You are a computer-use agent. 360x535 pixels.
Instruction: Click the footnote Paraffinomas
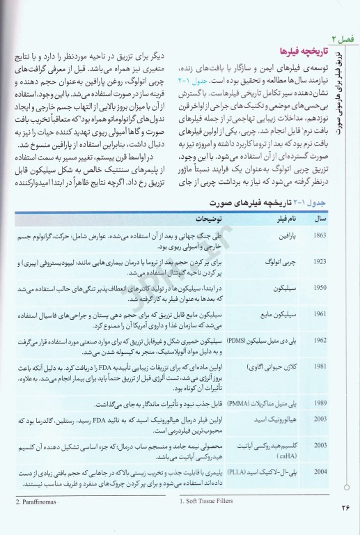tap(35, 500)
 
